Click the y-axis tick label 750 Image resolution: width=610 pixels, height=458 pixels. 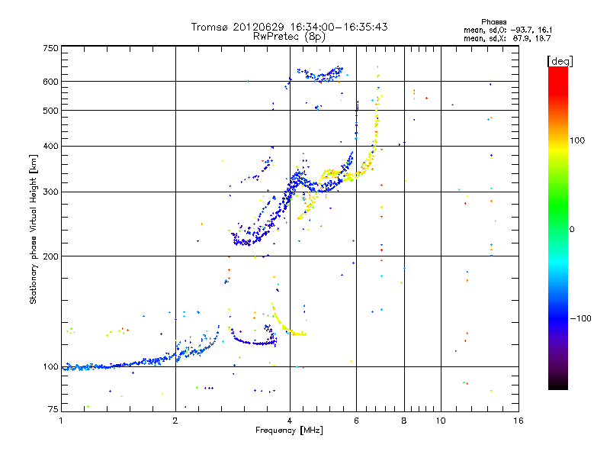tap(51, 47)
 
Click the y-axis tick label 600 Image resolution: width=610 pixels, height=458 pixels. tap(51, 81)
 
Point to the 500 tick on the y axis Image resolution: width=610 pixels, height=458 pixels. tap(51, 110)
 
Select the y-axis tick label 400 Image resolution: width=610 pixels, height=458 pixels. tap(51, 146)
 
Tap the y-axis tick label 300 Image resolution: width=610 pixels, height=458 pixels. tap(51, 192)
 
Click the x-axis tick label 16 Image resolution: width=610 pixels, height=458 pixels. tap(518, 421)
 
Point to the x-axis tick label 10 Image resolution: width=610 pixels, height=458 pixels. tap(439, 421)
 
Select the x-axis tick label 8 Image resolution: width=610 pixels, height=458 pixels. tap(404, 421)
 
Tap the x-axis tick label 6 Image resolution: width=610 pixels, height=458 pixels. tap(356, 421)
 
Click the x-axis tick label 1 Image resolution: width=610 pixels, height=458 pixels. tap(62, 421)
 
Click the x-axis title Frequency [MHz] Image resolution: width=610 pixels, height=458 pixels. tap(290, 431)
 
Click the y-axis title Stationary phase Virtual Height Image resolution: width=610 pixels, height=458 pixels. tap(34, 229)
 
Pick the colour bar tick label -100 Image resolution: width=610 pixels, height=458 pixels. tap(581, 318)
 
